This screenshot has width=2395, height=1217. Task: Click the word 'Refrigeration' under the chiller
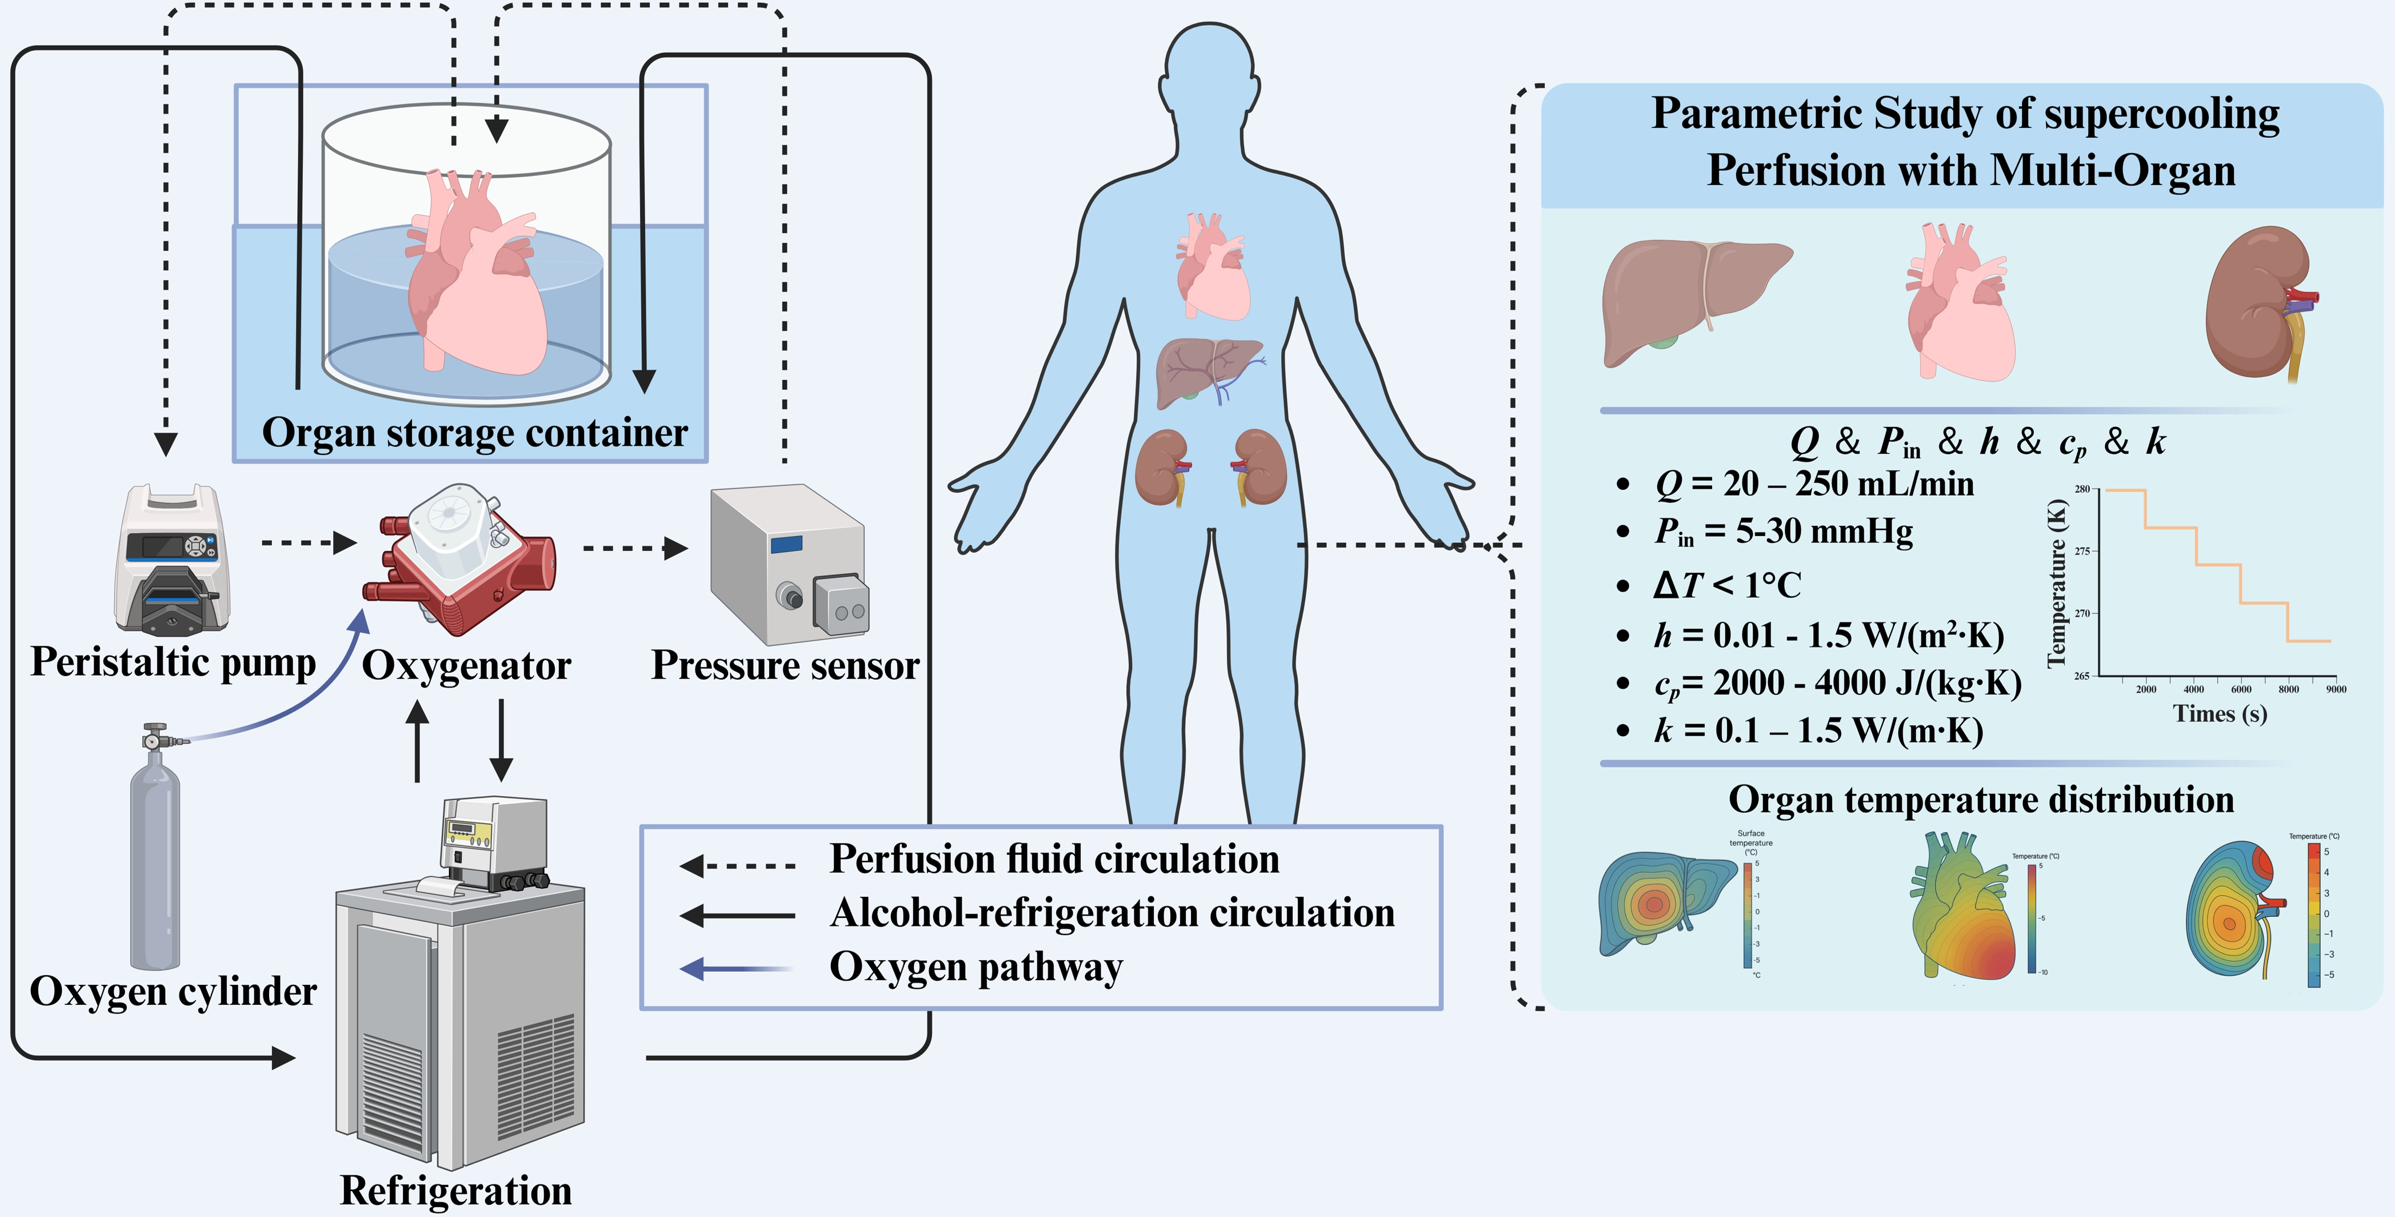pyautogui.click(x=455, y=1191)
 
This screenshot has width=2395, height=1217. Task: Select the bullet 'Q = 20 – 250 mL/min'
pyautogui.click(x=1814, y=484)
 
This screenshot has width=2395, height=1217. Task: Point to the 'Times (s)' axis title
pyautogui.click(x=2220, y=714)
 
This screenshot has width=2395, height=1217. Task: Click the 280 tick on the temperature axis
pyautogui.click(x=2082, y=489)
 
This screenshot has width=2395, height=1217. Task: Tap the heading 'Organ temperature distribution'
pyautogui.click(x=1980, y=800)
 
